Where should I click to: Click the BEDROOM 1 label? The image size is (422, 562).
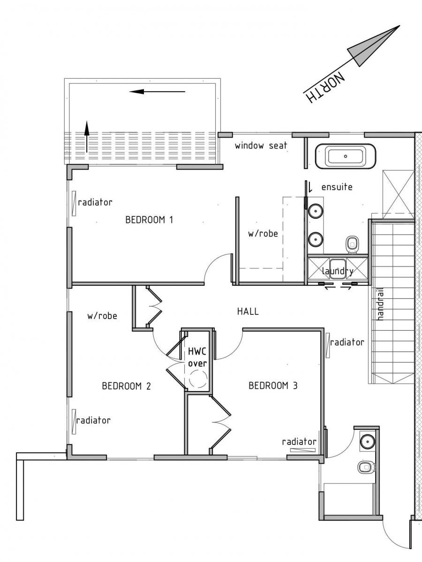tap(149, 220)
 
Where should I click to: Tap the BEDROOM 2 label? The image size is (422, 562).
tap(126, 386)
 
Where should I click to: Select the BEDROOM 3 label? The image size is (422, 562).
tap(273, 385)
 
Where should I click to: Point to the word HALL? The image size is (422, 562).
tap(248, 311)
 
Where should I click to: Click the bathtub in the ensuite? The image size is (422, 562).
tap(346, 156)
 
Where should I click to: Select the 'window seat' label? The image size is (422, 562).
tap(261, 146)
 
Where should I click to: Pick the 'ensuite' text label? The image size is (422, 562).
tap(337, 187)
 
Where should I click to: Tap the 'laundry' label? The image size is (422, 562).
tap(338, 271)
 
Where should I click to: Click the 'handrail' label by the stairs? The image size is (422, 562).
tap(381, 304)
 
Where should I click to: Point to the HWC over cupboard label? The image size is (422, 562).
tap(197, 357)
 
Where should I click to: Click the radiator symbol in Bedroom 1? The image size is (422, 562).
tap(74, 204)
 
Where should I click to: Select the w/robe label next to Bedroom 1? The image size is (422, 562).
tap(263, 234)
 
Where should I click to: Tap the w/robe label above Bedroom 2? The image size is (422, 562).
tap(102, 316)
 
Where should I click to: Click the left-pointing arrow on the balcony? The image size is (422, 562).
tap(158, 91)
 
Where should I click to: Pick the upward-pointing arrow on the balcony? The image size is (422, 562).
tap(87, 137)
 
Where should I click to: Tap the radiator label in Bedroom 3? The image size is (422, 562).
tap(299, 442)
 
